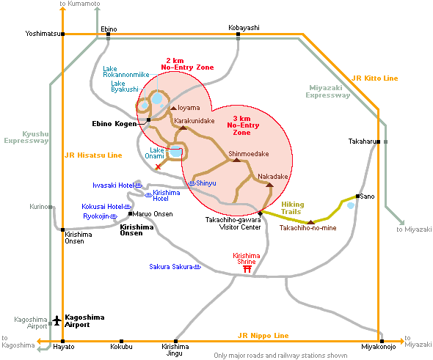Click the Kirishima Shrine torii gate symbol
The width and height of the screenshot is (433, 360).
247,269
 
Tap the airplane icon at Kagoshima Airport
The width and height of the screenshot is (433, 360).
57,320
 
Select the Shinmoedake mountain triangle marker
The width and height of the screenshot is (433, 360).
236,160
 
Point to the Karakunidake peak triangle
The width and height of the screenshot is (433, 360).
183,128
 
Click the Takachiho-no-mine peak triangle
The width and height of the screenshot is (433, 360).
310,222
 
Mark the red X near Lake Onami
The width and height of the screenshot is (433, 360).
158,166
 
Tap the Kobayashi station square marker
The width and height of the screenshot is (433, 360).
238,34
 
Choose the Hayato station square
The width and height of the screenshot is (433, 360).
62,341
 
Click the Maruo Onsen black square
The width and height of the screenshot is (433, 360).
130,214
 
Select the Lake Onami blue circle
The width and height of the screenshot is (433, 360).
175,152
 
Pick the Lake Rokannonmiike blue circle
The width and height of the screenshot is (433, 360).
157,98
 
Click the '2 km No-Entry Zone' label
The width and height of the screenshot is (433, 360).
187,64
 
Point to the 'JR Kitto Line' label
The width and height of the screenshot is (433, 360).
375,78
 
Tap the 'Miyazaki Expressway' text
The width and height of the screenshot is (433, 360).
328,92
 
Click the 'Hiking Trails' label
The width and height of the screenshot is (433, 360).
292,208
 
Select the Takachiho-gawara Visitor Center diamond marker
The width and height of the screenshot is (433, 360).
260,213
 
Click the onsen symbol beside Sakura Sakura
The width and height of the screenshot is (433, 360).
197,267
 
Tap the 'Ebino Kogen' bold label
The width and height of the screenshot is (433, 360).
114,124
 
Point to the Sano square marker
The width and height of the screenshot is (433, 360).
357,196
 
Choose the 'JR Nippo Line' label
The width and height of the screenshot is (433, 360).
263,336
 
